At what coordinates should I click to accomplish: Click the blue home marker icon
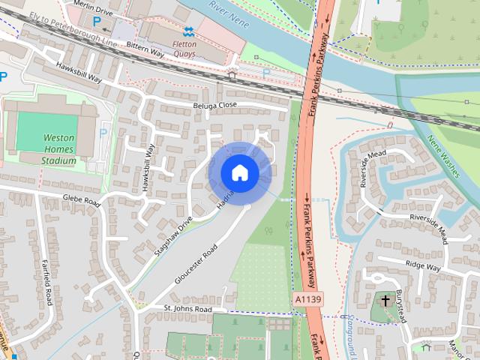[239, 172]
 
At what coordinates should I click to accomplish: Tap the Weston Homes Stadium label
[59, 148]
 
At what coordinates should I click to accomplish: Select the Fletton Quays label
[181, 48]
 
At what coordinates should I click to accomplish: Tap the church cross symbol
[385, 301]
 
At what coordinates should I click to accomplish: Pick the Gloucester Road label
[196, 264]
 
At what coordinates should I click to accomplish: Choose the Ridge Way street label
[424, 265]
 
